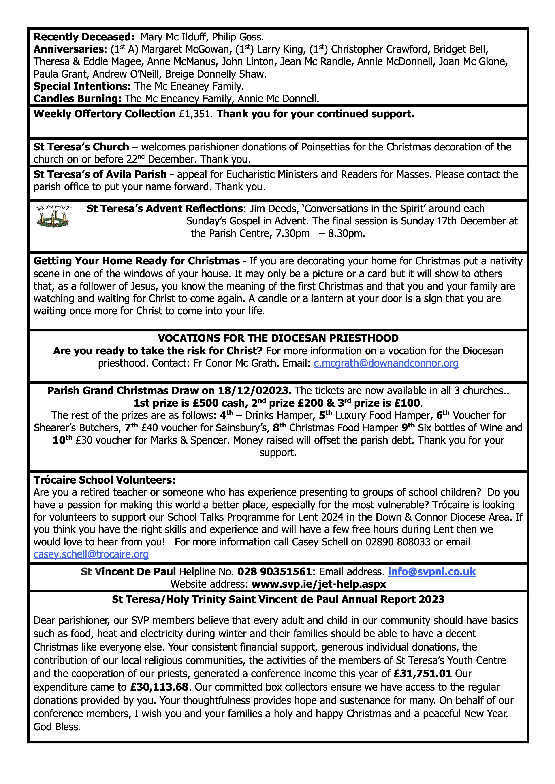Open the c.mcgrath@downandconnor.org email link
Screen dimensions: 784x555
(x=386, y=363)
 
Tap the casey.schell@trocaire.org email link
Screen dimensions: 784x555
(x=91, y=554)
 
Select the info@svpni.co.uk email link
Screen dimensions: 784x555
(x=432, y=572)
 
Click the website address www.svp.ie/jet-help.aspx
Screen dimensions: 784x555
(x=318, y=584)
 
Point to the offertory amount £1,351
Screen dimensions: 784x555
(x=196, y=114)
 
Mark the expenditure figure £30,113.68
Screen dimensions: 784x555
(x=159, y=687)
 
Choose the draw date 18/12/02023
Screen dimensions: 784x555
(x=254, y=390)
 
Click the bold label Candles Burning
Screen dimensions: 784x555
(x=77, y=99)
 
